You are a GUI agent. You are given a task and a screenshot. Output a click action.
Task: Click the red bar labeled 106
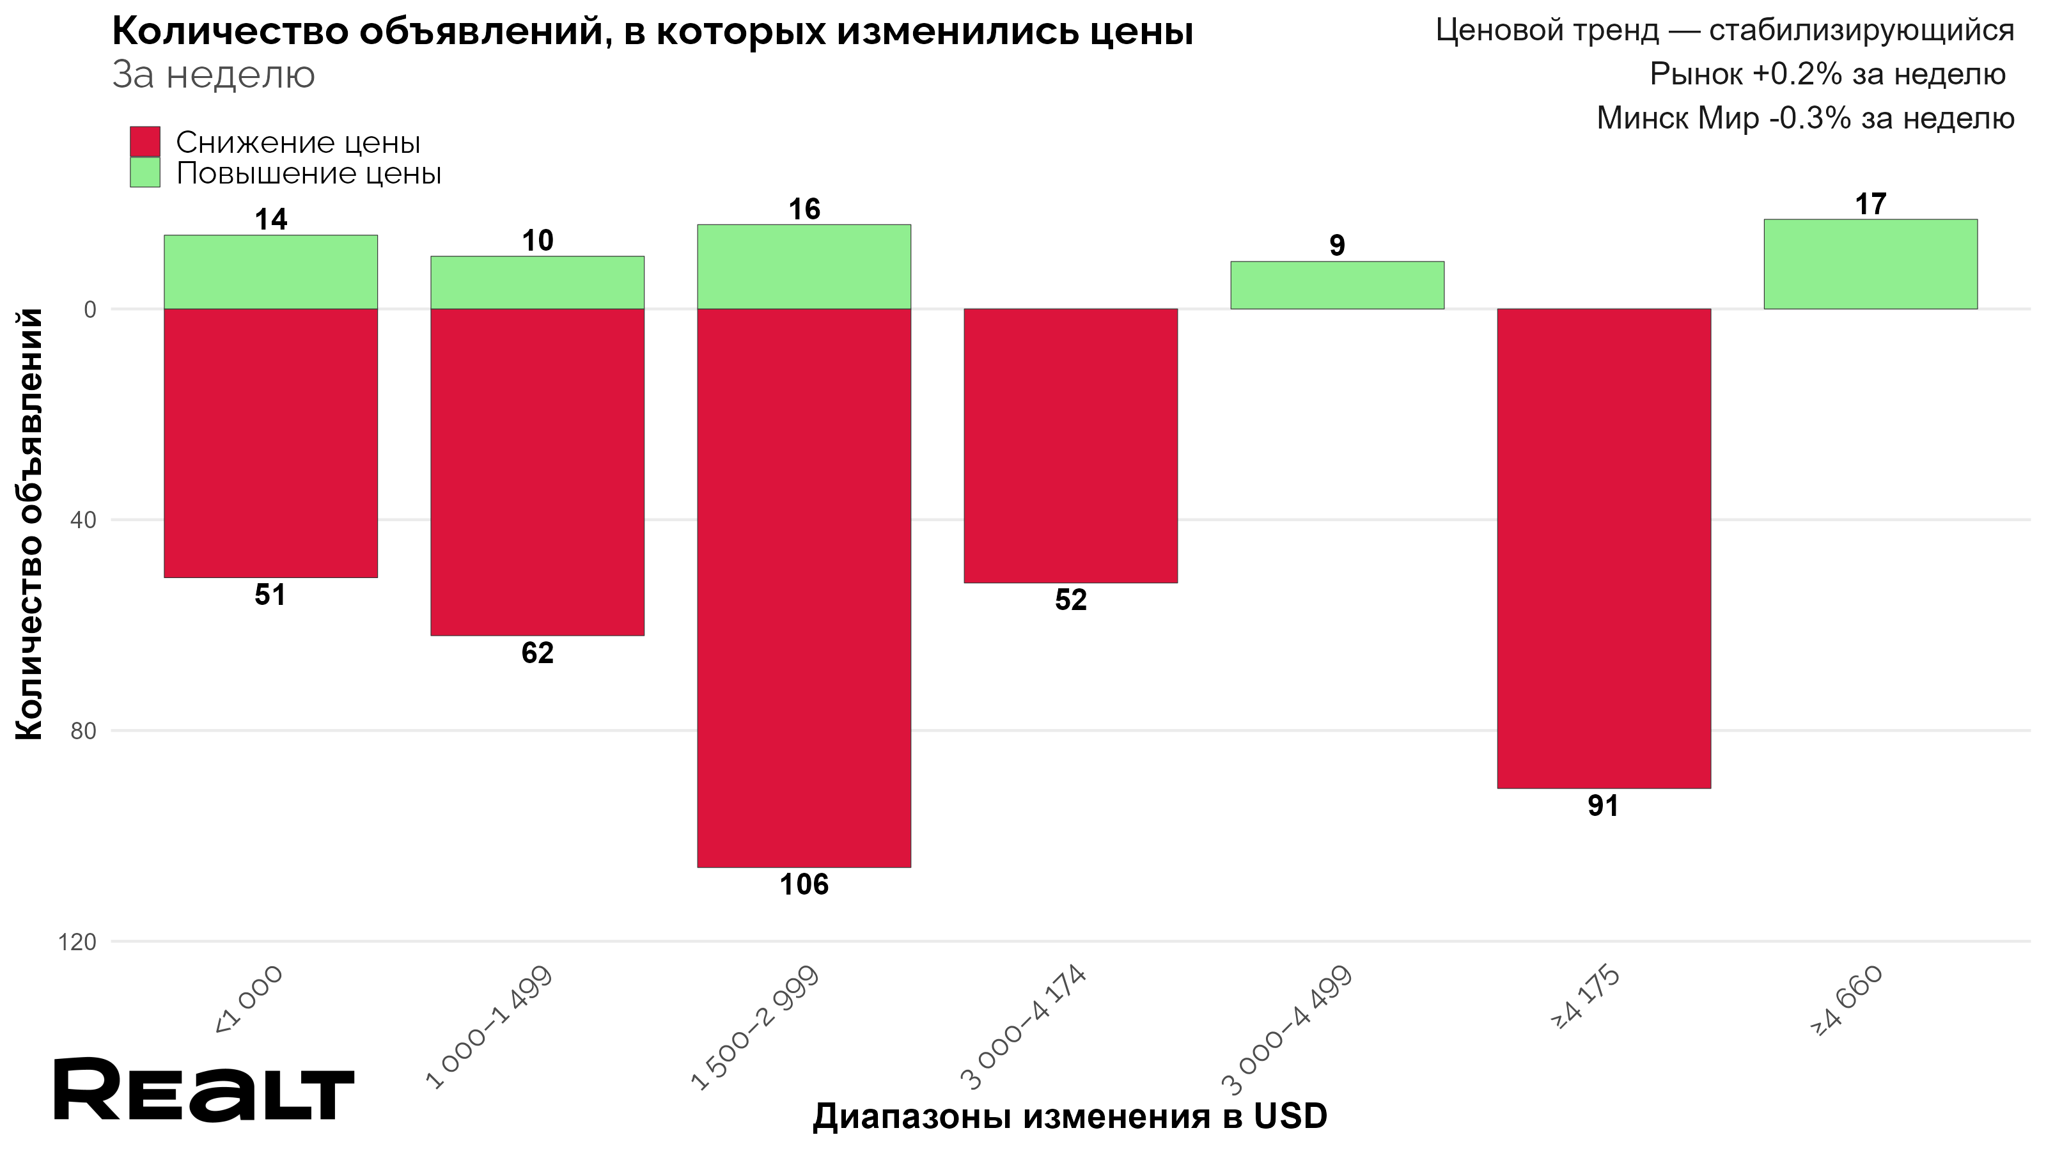pos(804,587)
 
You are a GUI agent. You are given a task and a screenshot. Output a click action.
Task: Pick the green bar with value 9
pos(1337,285)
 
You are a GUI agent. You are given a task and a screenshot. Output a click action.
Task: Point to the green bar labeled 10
pos(537,282)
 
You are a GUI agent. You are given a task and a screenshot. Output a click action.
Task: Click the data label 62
pos(537,653)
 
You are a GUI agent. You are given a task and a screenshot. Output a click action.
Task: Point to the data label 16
pos(804,209)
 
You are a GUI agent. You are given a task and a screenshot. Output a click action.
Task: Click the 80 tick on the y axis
pos(82,731)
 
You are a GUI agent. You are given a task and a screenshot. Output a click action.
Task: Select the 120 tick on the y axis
pos(77,942)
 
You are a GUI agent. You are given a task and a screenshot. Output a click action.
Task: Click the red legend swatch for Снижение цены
pos(144,142)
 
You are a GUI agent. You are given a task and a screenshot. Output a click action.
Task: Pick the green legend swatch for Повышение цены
pos(144,173)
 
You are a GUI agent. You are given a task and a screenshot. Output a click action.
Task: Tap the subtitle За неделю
pos(214,75)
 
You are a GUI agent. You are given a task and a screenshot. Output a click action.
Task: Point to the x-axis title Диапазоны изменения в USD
pos(1069,1116)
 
